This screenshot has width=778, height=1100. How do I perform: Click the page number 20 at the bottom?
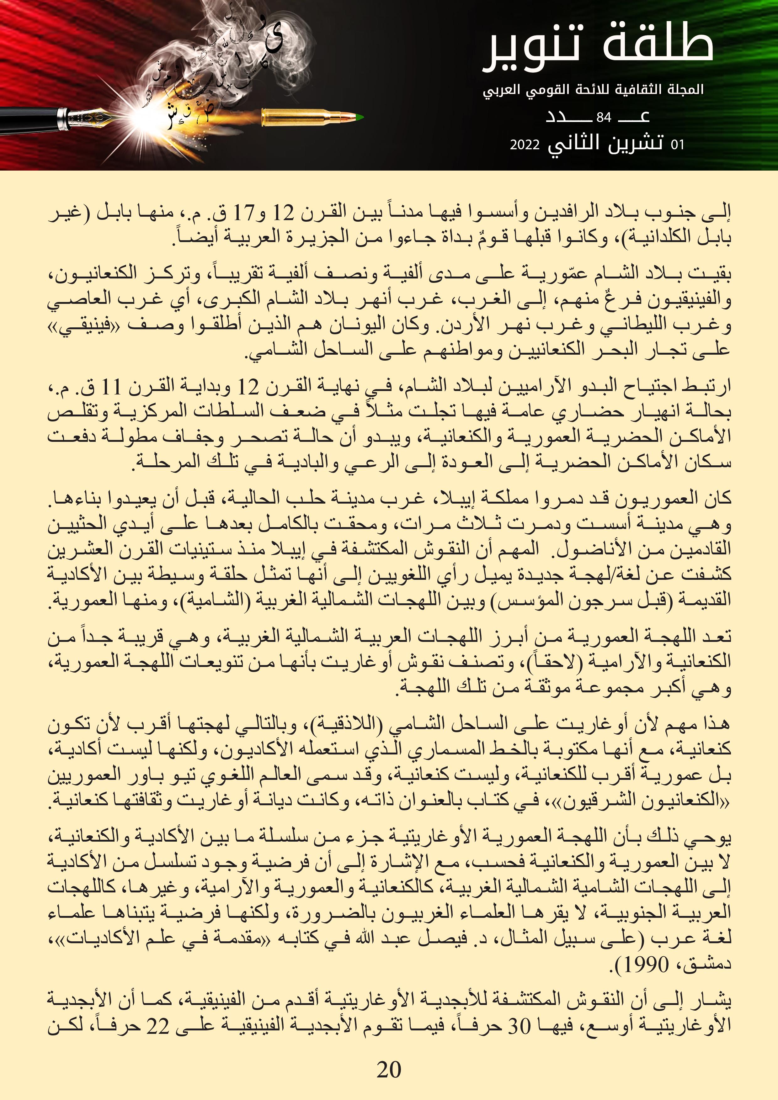pos(389,1069)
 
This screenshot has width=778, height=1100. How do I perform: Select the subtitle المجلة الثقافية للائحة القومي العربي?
pos(593,90)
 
